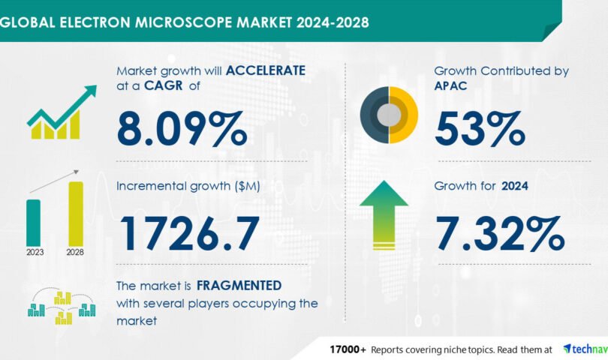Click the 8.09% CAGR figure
click(x=182, y=129)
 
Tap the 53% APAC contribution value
click(x=480, y=129)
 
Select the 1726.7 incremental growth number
click(x=190, y=233)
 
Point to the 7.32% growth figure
click(x=500, y=233)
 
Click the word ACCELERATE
click(x=266, y=70)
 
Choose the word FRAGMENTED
click(x=239, y=286)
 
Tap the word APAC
click(x=450, y=85)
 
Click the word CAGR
click(x=163, y=85)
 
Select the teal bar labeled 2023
click(x=33, y=223)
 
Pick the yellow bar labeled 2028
click(x=76, y=214)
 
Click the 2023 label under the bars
click(x=35, y=252)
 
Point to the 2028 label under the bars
click(x=75, y=252)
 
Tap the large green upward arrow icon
click(x=384, y=215)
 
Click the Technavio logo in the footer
click(x=585, y=349)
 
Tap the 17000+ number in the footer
click(x=348, y=349)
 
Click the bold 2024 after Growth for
click(x=515, y=186)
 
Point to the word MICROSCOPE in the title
click(x=184, y=22)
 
